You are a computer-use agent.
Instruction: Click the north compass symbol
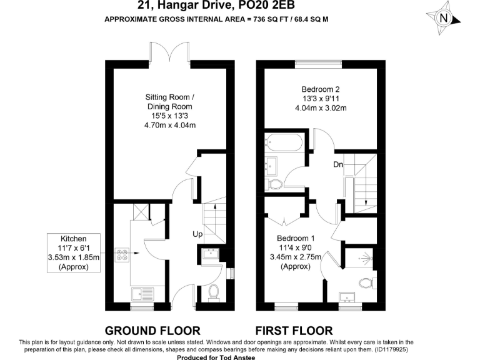point(445,19)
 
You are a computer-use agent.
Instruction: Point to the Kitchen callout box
point(72,253)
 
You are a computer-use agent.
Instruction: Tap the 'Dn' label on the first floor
point(337,165)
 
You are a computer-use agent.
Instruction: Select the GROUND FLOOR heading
point(152,331)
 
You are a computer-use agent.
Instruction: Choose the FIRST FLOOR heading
point(294,331)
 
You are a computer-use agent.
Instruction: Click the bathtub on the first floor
point(284,144)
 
